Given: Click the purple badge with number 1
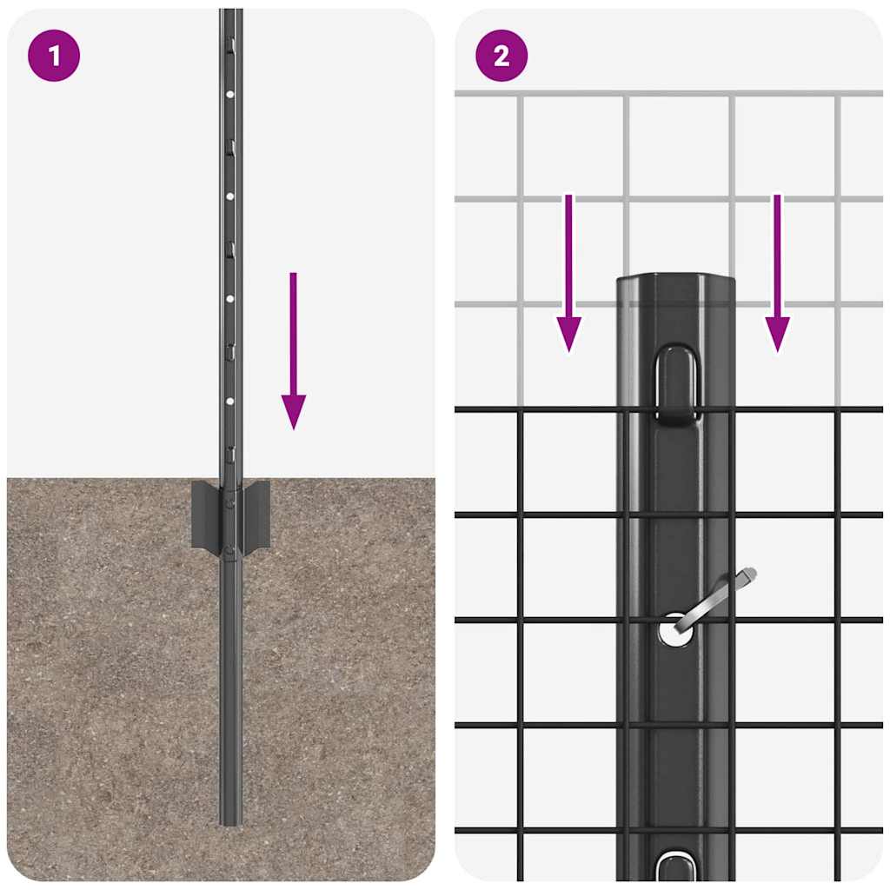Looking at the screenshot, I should click(x=54, y=56).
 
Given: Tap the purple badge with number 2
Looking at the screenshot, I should click(x=501, y=56).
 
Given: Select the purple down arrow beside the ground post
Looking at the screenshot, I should click(x=294, y=348).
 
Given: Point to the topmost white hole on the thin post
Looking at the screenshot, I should click(x=230, y=94).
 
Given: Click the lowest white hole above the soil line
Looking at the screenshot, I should click(x=230, y=402).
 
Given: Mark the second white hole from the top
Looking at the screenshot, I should click(x=230, y=196).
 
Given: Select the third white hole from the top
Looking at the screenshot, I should click(x=230, y=299).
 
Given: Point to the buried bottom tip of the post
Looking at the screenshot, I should click(x=230, y=820).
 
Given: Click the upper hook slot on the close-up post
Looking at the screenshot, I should click(x=676, y=382).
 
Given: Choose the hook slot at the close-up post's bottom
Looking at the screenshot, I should click(x=676, y=869).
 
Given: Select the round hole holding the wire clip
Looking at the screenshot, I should click(x=675, y=628).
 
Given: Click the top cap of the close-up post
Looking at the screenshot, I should click(x=676, y=282).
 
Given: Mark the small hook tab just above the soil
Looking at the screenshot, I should click(x=230, y=454).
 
